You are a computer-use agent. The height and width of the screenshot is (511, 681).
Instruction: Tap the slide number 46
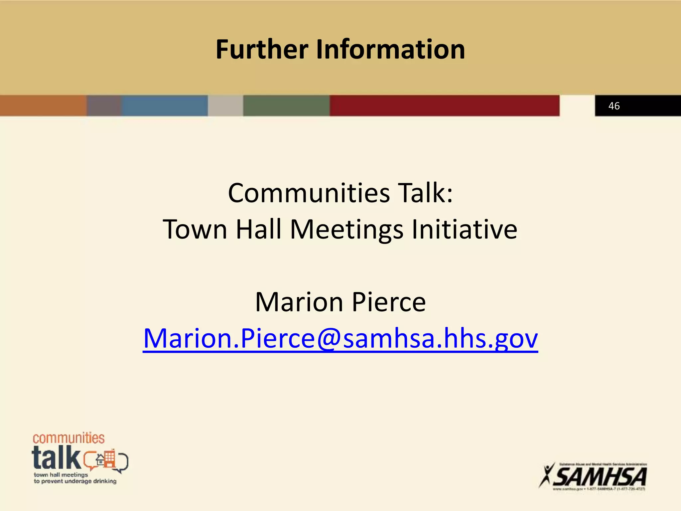(x=614, y=106)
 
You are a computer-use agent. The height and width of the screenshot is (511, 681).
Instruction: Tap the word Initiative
(x=464, y=229)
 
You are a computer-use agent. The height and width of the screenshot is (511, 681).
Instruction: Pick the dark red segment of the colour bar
(x=444, y=106)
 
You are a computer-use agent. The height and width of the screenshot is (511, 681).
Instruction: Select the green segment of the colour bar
(x=286, y=106)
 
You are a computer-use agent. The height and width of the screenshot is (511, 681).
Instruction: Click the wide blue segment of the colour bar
(x=165, y=106)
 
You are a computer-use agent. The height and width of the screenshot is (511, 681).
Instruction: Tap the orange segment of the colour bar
(x=43, y=106)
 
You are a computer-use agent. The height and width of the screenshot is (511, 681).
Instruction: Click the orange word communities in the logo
(x=68, y=438)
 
